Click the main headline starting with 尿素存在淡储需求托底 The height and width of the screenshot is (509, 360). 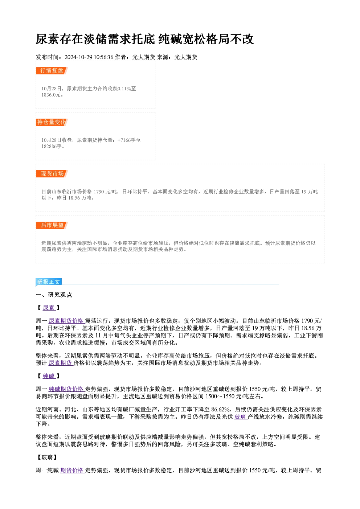pos(144,39)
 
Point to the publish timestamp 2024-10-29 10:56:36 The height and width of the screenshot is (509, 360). pos(89,57)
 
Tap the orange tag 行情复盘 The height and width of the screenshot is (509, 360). pos(52,71)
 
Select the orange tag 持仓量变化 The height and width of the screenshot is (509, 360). pos(52,122)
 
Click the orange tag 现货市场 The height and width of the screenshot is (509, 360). pos(52,174)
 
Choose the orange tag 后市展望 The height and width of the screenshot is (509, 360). pos(52,225)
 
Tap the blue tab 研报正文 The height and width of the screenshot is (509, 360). pos(49,282)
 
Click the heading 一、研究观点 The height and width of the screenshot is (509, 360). pos(54,295)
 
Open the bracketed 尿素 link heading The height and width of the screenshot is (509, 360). pos(49,308)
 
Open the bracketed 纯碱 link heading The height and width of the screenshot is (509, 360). pos(49,376)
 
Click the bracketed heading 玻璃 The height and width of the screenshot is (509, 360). pos(47,457)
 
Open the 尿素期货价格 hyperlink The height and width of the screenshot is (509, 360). pos(66,321)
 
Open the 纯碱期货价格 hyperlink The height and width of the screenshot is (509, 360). pos(66,389)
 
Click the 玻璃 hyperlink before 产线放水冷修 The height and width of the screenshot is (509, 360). pos(240,417)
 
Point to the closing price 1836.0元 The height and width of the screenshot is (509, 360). pos(51,95)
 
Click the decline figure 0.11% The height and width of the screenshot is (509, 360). pos(124,89)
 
